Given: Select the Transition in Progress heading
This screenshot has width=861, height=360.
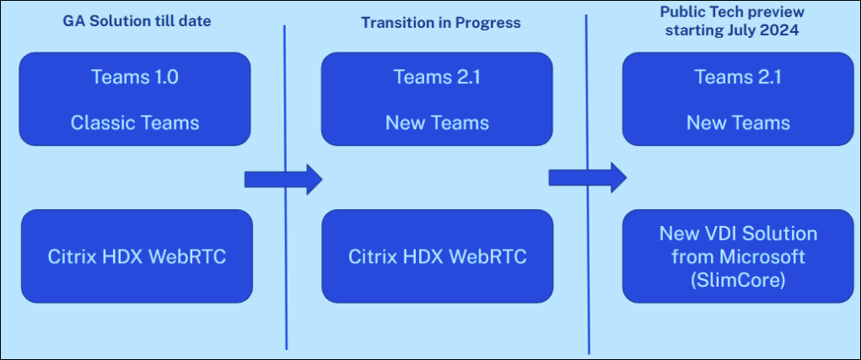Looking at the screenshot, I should coord(441,23).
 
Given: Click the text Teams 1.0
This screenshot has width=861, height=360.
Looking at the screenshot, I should coord(135,78).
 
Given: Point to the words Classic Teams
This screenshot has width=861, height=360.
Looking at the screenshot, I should coord(135,122).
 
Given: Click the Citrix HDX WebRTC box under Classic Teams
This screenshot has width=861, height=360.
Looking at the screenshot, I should coord(136,256).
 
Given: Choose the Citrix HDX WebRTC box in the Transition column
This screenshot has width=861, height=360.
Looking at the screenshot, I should coord(437,256).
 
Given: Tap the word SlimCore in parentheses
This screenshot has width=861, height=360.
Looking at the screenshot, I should coord(737,279).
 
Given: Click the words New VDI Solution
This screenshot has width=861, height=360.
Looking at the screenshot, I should coord(738,233).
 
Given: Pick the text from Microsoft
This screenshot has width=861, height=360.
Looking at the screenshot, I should coord(738,255).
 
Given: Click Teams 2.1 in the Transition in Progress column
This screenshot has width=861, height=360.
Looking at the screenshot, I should coord(437,78).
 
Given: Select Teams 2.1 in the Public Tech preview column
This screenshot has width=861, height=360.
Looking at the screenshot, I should coord(738,78).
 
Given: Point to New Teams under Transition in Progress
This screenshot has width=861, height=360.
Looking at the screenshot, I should coord(437,122).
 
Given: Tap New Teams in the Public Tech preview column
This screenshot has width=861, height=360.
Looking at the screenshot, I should coord(738,122).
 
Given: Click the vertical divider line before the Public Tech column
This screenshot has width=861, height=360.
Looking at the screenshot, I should coord(587,278).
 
